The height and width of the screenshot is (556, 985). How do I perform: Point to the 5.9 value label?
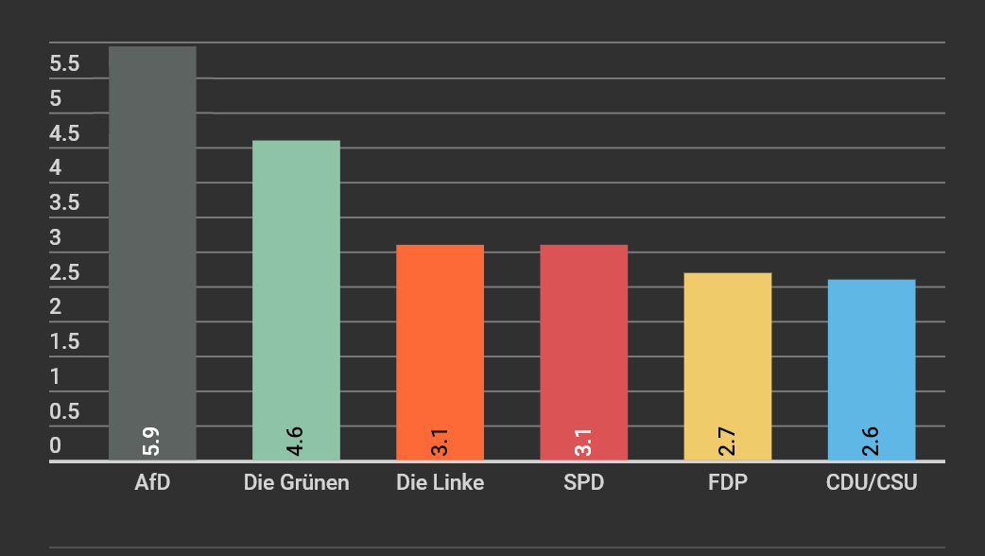(151, 442)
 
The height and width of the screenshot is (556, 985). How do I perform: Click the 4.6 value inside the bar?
(295, 442)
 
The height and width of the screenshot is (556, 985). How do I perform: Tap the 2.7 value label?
(727, 442)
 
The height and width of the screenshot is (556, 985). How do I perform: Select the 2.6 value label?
(871, 442)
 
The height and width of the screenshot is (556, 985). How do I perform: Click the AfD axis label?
(152, 483)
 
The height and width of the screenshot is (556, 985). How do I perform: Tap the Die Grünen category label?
(296, 483)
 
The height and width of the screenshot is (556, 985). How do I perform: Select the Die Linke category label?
(440, 483)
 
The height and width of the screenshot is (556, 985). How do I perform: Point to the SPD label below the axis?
(583, 483)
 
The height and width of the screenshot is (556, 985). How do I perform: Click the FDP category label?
(727, 483)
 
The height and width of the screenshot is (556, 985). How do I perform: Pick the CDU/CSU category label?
(871, 483)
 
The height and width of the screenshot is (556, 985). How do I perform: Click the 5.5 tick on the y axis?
(64, 64)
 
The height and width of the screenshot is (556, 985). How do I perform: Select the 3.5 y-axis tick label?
(64, 203)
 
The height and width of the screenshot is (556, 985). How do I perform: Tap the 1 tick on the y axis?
(55, 376)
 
